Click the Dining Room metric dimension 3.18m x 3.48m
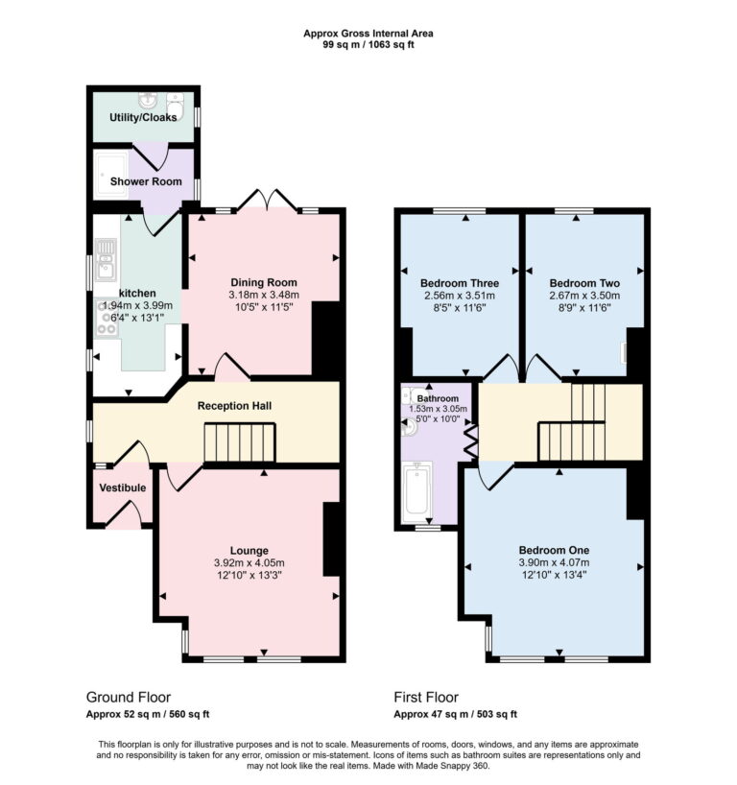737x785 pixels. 264,295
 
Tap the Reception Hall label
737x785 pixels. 234,406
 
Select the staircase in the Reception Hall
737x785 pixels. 239,444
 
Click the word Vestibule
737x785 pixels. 123,488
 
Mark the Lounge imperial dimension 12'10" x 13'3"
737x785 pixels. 249,575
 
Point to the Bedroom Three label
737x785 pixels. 460,283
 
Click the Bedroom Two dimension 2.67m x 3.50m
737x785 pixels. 584,297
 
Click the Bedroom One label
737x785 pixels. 554,550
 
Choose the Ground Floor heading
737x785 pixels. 129,698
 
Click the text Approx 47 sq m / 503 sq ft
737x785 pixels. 455,714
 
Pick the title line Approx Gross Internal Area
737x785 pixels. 368,33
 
